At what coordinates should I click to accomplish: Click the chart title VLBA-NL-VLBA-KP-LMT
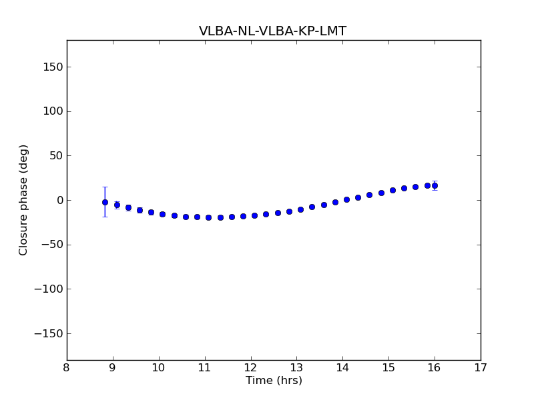(272, 31)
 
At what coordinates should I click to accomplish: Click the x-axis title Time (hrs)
(274, 381)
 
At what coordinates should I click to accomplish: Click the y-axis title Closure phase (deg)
(24, 200)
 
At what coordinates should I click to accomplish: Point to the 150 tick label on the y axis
(54, 67)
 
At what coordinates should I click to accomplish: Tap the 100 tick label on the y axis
(54, 111)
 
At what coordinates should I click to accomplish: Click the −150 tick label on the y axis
(49, 333)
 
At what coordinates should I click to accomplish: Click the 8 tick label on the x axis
(67, 368)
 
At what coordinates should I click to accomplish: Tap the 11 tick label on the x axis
(204, 368)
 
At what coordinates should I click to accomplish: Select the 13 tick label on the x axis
(296, 368)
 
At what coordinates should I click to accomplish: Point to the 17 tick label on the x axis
(480, 368)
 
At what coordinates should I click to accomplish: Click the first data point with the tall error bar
(105, 202)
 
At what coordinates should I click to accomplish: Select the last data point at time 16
(435, 185)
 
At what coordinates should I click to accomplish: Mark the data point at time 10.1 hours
(162, 214)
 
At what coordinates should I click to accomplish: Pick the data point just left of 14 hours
(335, 202)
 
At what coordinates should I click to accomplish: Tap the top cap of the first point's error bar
(105, 187)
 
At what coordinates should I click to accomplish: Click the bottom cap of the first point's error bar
(105, 217)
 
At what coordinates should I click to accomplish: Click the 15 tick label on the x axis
(388, 368)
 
